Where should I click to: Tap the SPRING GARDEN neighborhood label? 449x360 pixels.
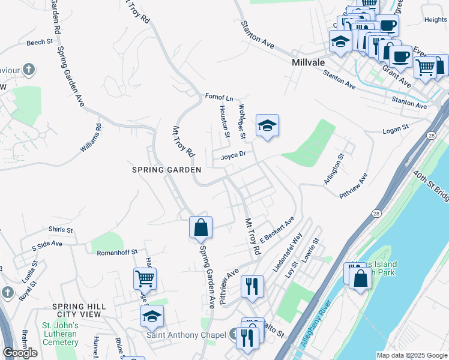point(166,170)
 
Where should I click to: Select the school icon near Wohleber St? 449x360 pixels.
point(268,125)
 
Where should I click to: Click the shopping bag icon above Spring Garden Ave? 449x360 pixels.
point(200,227)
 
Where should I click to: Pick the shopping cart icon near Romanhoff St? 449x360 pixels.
point(145,278)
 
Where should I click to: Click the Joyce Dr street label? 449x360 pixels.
point(234,155)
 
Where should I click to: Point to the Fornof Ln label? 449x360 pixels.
point(218,97)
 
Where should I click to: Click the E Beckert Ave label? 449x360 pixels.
point(277,229)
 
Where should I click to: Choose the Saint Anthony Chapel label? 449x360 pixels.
point(185,335)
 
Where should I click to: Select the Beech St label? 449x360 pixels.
point(40,43)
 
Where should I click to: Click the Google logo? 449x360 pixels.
point(20,352)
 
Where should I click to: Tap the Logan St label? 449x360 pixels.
point(395,128)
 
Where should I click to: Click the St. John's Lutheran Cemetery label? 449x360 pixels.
point(60,334)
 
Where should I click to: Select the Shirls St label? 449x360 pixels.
point(61,230)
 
